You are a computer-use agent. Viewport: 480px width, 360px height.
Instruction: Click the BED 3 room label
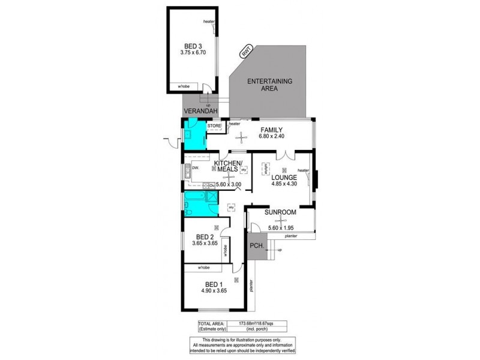point(192,45)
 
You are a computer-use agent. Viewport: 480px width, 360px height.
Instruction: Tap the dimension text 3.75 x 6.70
point(192,52)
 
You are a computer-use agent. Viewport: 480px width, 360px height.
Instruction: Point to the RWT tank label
point(245,52)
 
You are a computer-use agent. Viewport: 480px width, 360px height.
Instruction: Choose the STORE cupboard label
point(214,126)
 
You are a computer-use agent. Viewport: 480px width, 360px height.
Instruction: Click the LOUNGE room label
point(284,178)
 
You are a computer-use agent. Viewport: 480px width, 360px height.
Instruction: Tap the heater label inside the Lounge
point(302,170)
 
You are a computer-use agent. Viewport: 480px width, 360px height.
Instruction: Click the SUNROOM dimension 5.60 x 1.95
point(281,228)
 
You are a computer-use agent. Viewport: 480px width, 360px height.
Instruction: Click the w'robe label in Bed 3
point(183,87)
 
